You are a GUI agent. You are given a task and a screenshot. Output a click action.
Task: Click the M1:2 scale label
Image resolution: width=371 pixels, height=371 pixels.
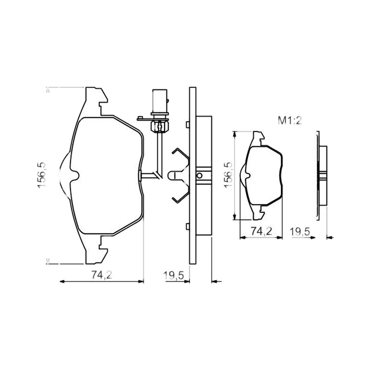(289, 121)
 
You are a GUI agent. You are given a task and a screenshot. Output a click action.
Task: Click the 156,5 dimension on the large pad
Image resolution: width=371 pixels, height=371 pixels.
(42, 175)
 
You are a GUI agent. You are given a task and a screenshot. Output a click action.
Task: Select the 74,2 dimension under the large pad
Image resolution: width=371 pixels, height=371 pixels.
(102, 275)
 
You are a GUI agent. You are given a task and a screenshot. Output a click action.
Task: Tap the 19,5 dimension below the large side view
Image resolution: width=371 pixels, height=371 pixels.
(174, 275)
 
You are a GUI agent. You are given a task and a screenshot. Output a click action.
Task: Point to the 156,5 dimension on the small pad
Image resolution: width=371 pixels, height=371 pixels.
(229, 175)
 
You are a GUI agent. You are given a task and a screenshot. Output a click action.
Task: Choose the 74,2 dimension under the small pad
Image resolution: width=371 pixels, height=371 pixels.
(262, 231)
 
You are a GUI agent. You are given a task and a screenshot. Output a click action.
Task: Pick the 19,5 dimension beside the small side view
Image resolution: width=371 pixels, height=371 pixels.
(300, 231)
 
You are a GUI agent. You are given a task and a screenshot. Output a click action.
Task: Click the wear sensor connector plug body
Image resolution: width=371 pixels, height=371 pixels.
(160, 102)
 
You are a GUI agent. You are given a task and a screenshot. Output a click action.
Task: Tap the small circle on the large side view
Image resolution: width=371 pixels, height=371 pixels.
(199, 176)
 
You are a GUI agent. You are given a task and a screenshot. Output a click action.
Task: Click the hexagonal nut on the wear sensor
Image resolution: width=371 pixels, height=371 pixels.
(160, 127)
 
